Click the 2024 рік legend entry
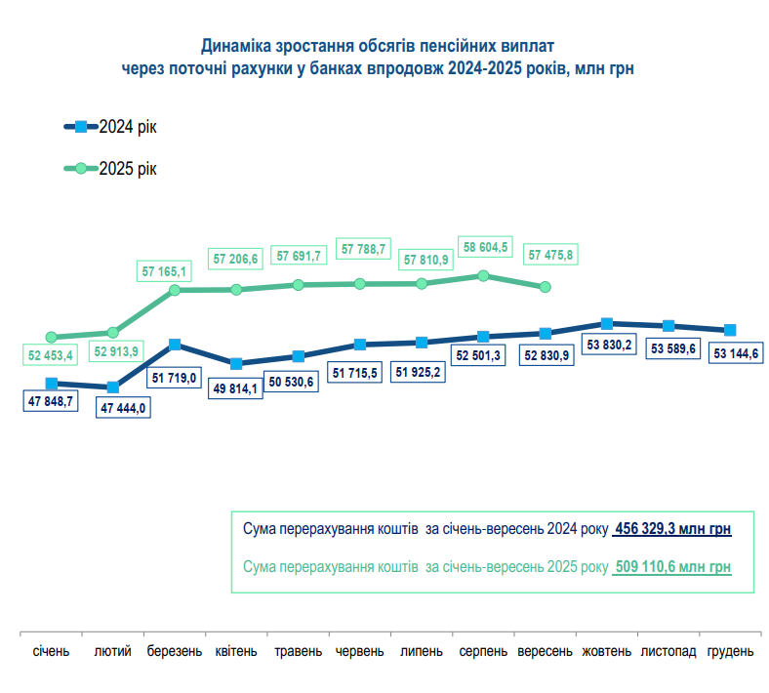[x=115, y=127]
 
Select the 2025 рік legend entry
[x=115, y=169]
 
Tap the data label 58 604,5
[x=485, y=248]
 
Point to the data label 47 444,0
[x=122, y=409]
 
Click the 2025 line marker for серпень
[x=483, y=276]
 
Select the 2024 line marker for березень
[x=175, y=345]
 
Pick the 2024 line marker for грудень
[x=730, y=330]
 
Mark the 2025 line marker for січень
[x=52, y=338]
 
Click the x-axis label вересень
[x=545, y=650]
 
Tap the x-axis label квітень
[x=236, y=650]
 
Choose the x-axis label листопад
[x=668, y=650]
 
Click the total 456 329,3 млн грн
[x=672, y=529]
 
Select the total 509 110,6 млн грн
[x=672, y=567]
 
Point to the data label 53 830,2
[x=607, y=345]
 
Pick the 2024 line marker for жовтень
[x=607, y=323]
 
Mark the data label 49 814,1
[x=237, y=387]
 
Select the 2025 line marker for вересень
[x=546, y=287]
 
